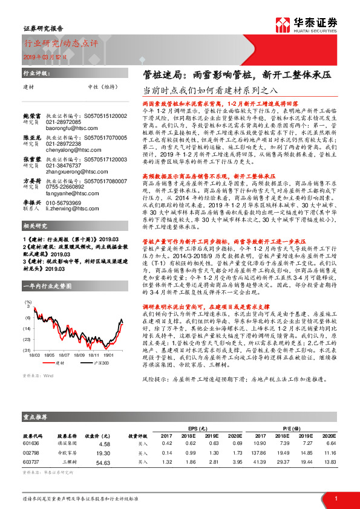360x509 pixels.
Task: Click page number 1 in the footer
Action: [x=335, y=498]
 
